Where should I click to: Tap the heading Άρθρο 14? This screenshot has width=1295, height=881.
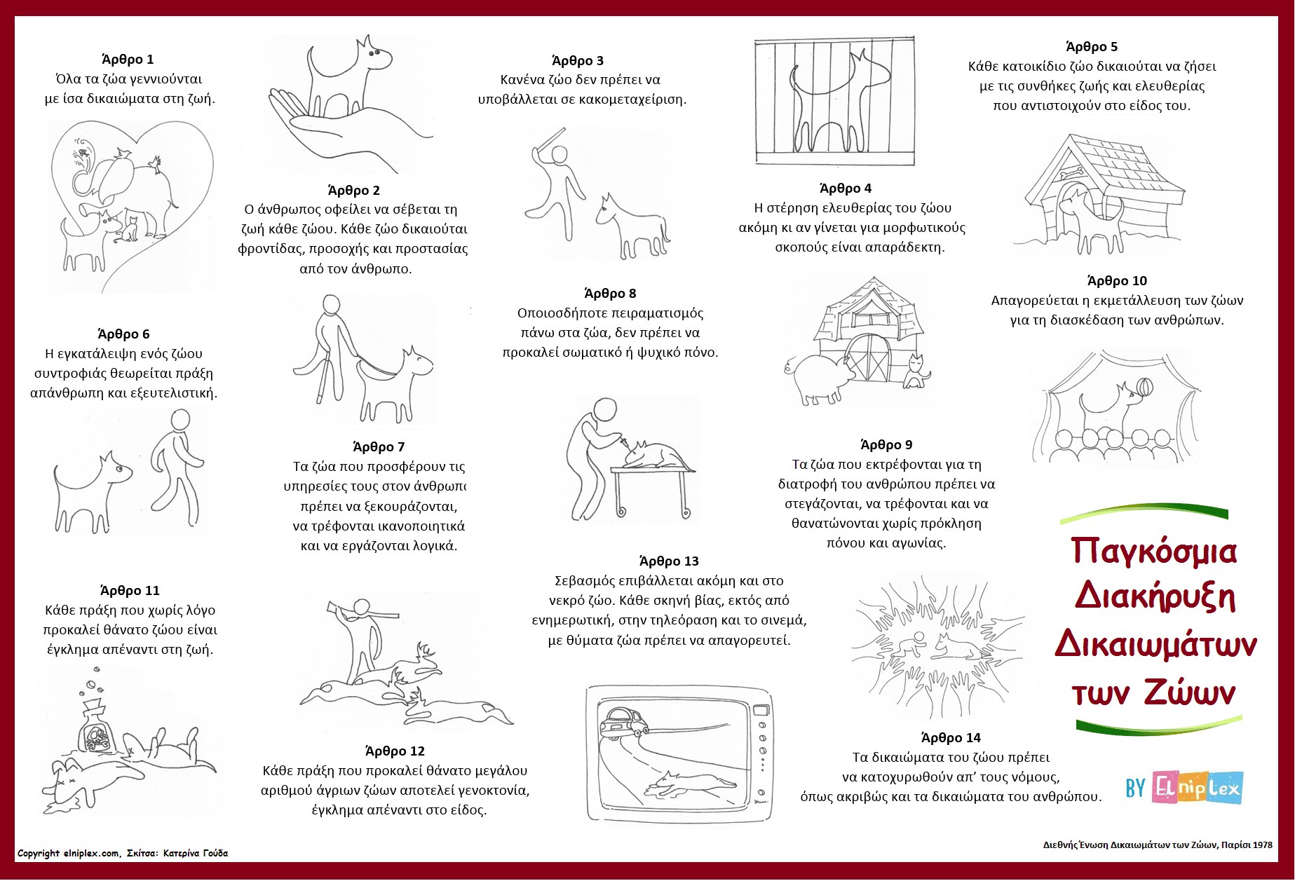(950, 737)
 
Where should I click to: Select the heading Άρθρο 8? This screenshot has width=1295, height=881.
(610, 293)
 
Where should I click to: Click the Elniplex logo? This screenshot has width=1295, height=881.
(1196, 788)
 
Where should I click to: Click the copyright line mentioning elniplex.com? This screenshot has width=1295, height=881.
(123, 853)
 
